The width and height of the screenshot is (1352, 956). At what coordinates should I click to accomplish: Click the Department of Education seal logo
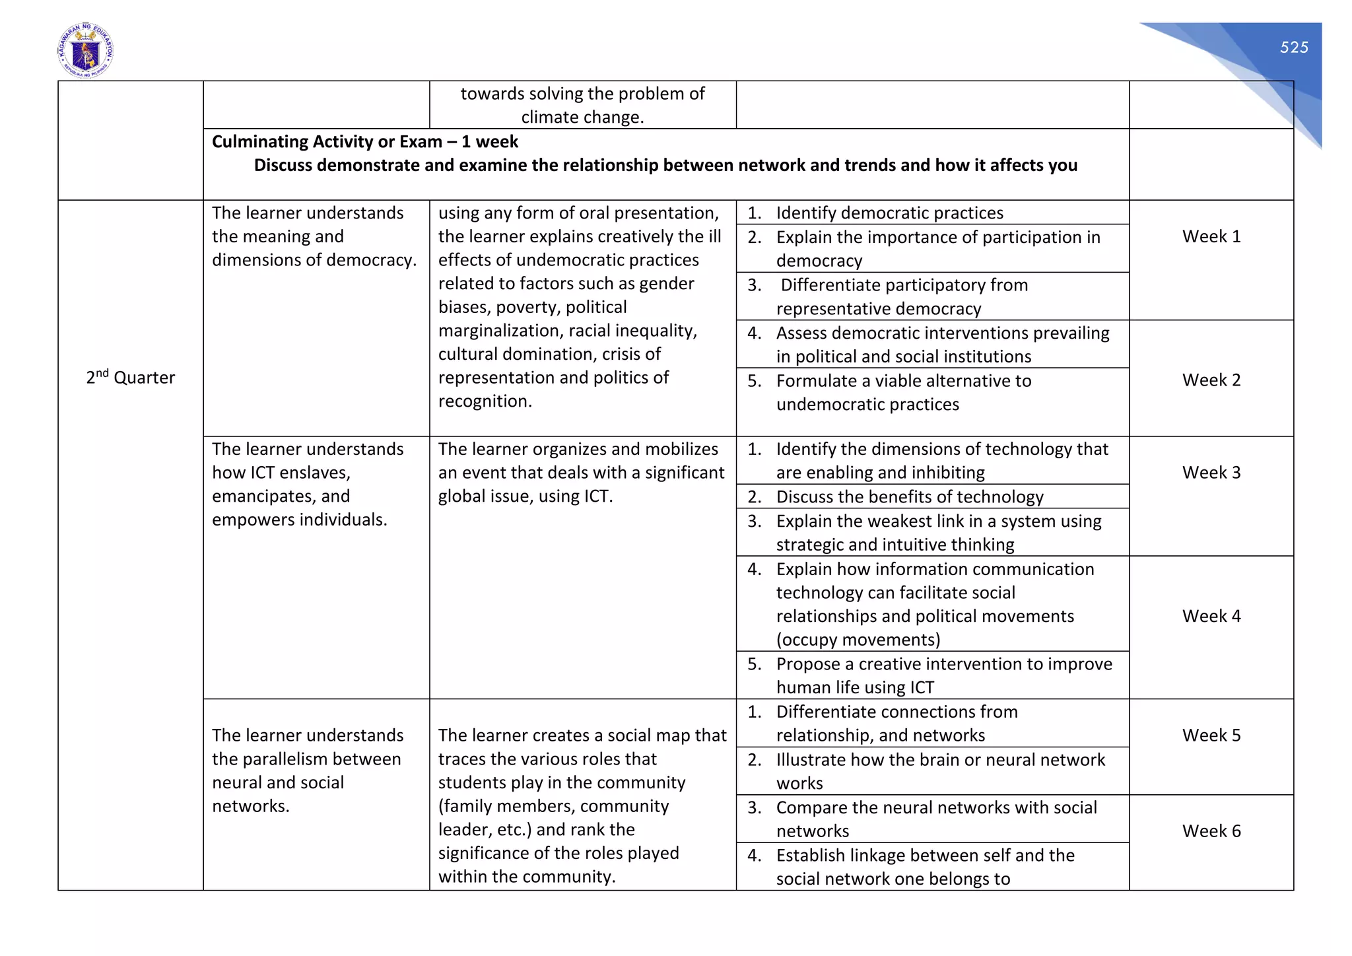(85, 51)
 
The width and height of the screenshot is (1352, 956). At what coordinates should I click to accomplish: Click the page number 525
(1293, 48)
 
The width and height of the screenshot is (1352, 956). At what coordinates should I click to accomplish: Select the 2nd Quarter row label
(130, 378)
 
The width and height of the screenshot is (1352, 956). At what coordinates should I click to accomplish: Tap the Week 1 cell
(1211, 236)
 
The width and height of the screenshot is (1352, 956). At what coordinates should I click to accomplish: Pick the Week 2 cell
(1211, 380)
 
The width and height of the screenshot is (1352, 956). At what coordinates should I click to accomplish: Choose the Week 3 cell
(1211, 473)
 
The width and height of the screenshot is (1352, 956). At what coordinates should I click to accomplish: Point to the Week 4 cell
(1211, 616)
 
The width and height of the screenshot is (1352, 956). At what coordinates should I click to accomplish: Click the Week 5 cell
(1211, 735)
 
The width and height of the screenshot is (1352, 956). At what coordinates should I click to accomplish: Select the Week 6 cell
(1211, 831)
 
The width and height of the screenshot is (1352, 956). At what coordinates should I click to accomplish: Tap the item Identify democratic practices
(889, 213)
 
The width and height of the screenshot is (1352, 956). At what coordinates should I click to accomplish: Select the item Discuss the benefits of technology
(909, 496)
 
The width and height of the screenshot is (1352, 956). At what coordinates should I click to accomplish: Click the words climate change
(582, 118)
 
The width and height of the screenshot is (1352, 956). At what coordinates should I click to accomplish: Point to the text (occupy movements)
(858, 640)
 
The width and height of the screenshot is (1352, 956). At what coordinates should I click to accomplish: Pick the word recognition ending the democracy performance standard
(485, 401)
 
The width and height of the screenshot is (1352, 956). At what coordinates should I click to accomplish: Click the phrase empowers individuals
(299, 520)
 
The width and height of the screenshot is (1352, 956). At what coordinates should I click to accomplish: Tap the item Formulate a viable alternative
(903, 381)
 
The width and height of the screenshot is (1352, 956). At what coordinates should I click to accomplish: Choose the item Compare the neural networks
(935, 807)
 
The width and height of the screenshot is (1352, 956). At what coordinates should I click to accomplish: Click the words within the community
(526, 877)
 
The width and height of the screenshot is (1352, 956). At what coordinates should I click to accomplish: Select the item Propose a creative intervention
(943, 664)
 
